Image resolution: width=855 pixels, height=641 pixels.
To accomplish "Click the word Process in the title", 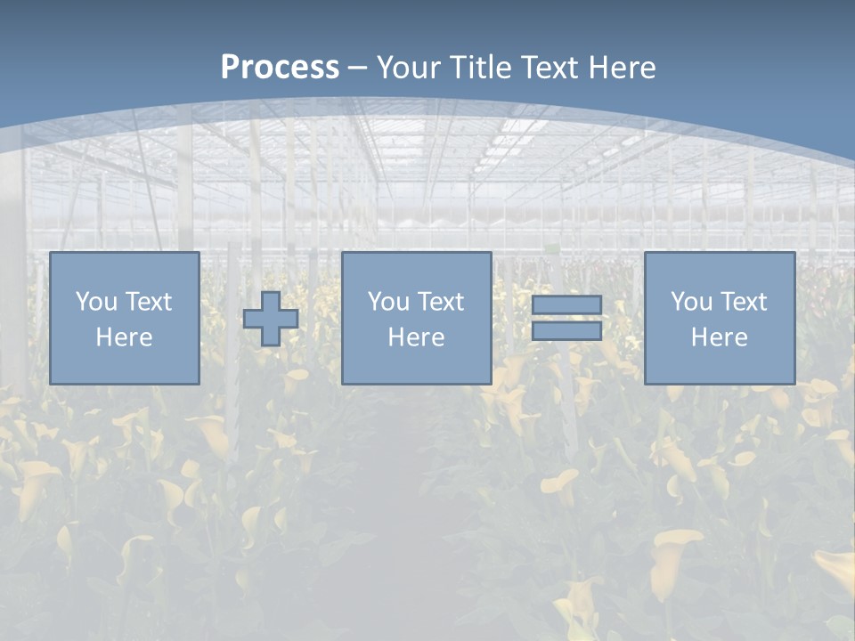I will click(280, 67).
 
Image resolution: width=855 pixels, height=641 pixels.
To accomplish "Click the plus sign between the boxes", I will click(271, 319).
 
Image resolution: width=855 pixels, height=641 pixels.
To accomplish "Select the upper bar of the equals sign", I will click(566, 304).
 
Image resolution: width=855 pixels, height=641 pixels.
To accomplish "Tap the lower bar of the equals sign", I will click(566, 331).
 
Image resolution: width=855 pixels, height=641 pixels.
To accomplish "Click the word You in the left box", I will click(96, 302).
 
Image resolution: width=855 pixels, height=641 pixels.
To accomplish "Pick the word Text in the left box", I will click(148, 302).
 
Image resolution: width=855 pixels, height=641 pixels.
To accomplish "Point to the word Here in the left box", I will click(124, 337).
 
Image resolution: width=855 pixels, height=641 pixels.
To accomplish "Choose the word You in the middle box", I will click(388, 302).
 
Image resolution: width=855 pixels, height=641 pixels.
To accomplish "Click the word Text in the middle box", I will click(440, 302).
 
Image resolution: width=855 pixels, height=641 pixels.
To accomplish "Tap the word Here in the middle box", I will click(416, 337).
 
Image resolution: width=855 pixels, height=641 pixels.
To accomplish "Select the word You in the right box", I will click(691, 302).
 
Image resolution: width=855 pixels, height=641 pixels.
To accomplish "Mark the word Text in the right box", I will click(743, 302).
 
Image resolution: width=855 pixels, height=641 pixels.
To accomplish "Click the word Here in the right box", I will click(719, 337).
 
